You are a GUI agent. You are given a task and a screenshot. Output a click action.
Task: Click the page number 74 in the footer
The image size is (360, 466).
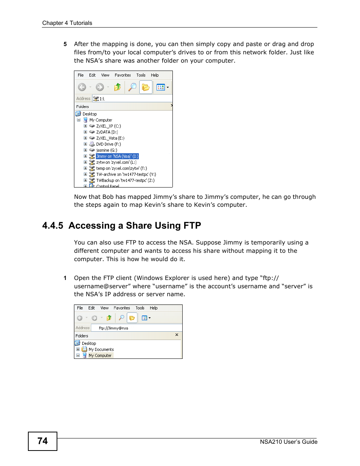(x=43, y=441)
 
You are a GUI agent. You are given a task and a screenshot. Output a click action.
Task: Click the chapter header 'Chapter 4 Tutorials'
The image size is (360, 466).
(x=67, y=23)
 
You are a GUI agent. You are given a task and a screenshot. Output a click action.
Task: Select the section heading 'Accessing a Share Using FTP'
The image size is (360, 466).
(x=135, y=226)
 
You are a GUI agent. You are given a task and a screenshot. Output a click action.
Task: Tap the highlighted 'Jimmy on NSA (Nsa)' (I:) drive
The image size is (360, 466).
(x=117, y=156)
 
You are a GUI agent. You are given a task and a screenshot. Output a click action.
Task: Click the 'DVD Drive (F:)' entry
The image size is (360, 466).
(x=108, y=144)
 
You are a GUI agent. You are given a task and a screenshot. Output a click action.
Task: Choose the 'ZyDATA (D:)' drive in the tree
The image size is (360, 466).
(x=107, y=132)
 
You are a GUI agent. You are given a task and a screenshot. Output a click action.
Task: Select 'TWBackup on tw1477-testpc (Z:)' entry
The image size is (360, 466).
(x=125, y=180)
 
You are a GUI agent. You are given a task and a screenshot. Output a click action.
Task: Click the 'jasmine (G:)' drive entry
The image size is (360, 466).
(x=106, y=150)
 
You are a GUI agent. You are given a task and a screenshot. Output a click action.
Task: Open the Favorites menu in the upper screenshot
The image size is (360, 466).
(x=123, y=75)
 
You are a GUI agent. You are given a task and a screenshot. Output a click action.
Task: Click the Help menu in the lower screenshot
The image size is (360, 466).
(x=154, y=308)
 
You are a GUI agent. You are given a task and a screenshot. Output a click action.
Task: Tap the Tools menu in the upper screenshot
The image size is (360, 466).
(x=141, y=75)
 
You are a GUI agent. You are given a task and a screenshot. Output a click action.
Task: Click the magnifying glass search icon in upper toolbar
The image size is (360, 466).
(x=132, y=87)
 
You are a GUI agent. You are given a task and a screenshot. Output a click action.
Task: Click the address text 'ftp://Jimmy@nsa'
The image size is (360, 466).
(x=113, y=328)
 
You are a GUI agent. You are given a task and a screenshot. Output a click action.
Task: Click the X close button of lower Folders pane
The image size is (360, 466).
(x=177, y=335)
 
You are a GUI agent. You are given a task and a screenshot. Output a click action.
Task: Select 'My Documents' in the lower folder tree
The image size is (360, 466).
(x=101, y=349)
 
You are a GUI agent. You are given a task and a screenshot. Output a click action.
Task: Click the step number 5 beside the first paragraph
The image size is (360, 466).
(x=65, y=44)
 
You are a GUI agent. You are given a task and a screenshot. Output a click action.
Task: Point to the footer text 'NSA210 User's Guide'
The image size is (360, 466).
(x=288, y=442)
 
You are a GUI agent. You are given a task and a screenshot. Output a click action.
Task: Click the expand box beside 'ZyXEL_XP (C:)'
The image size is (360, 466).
(x=85, y=126)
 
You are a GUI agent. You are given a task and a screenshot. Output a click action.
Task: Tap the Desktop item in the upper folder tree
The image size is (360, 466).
(x=89, y=114)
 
